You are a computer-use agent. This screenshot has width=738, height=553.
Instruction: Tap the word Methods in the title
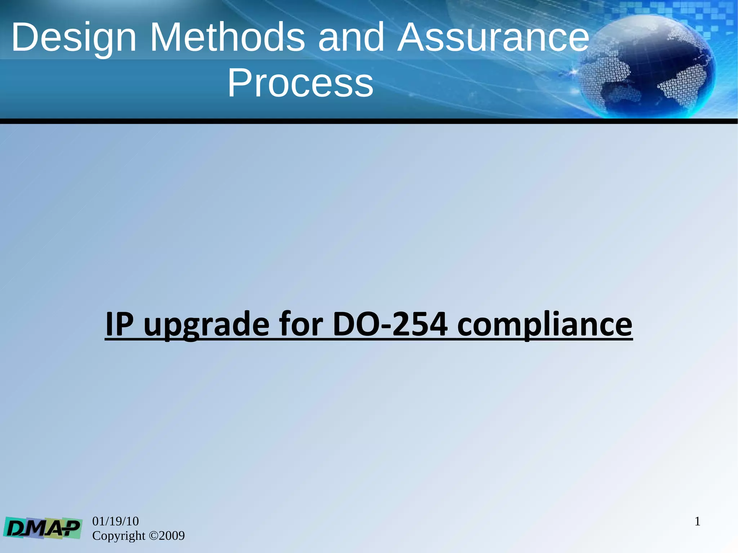tap(227, 37)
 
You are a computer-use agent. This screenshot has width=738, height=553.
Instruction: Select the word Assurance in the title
tap(493, 37)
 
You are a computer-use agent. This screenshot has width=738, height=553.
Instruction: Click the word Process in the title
tap(300, 83)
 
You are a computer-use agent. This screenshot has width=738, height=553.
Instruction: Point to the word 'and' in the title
tap(351, 37)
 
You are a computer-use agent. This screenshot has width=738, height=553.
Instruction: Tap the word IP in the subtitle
tap(119, 324)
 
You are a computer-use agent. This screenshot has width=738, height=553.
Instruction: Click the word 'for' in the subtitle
tap(301, 324)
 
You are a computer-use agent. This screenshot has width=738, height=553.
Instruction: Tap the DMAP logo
tap(43, 528)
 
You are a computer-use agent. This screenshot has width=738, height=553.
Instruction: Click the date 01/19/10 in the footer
tap(115, 521)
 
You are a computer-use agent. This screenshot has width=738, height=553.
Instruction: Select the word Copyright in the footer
tap(119, 536)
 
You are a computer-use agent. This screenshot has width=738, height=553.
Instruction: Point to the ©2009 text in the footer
tap(166, 536)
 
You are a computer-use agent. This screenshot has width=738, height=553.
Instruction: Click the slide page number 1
tap(697, 522)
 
